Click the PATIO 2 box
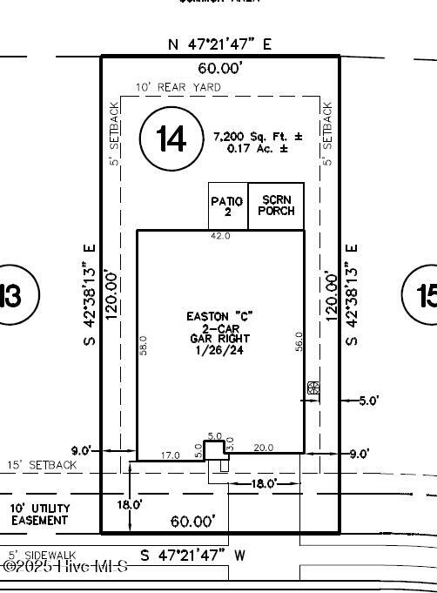click(227, 206)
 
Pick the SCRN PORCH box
click(278, 206)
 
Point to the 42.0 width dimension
click(221, 236)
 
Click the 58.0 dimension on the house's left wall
click(144, 346)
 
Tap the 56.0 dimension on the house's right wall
click(299, 340)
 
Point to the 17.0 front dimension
click(171, 455)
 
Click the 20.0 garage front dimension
click(263, 448)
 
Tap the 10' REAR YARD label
click(178, 88)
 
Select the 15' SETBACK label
click(42, 466)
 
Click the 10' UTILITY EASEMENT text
click(39, 514)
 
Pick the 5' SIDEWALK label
click(43, 554)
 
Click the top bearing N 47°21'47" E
click(219, 43)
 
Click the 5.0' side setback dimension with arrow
click(369, 401)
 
